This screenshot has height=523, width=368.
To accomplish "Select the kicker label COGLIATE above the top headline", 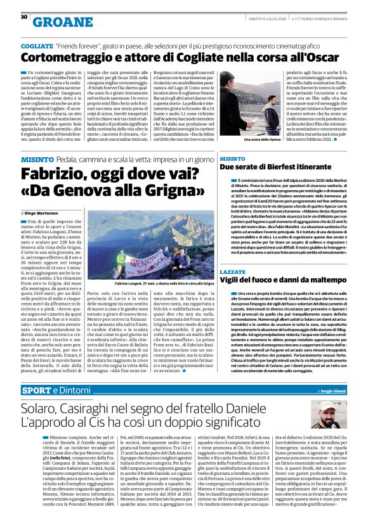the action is coord(36,47).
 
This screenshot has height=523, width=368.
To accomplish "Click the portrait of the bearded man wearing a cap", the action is coord(331,413).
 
